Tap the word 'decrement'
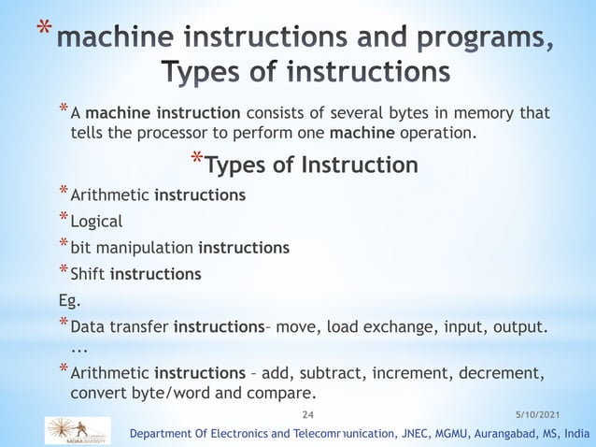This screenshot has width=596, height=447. tap(495, 374)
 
